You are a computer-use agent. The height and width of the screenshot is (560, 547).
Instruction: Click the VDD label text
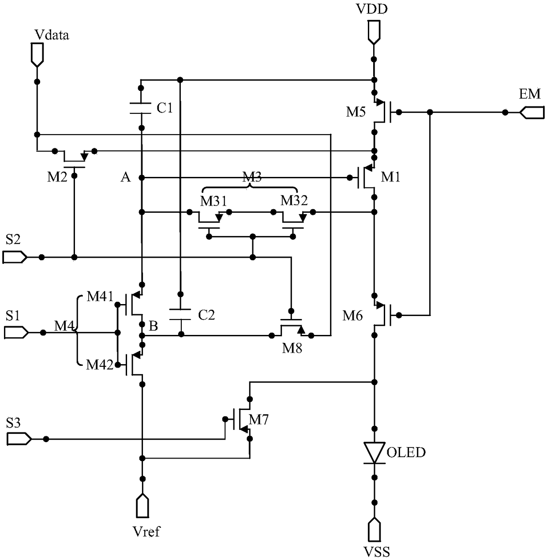pos(372,9)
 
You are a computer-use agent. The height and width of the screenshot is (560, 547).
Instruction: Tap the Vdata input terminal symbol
pos(37,55)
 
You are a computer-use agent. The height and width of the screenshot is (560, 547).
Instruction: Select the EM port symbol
pos(532,112)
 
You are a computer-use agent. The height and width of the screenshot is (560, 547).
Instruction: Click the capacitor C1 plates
pos(140,108)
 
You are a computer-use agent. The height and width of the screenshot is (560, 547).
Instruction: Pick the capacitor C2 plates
pos(180,315)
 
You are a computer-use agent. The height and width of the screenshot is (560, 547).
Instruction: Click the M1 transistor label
pos(390,177)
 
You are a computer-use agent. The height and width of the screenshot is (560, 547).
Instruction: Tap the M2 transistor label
pos(57,177)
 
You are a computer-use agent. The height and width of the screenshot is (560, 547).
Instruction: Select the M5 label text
pos(356,112)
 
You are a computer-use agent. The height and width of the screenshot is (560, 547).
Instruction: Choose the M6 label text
pos(352,316)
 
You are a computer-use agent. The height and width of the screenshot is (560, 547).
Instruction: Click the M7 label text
pos(259,420)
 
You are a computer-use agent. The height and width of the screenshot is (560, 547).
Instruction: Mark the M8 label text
pos(292,349)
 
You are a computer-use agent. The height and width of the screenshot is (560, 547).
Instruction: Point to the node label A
pos(126,177)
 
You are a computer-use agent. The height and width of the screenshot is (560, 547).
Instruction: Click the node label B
pos(153,326)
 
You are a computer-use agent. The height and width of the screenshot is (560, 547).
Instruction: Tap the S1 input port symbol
pos(16,333)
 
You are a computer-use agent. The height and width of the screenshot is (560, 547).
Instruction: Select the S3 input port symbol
pos(19,439)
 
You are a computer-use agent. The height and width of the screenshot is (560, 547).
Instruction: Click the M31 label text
pos(214,201)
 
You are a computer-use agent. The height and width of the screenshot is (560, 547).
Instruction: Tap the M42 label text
pos(100,365)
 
